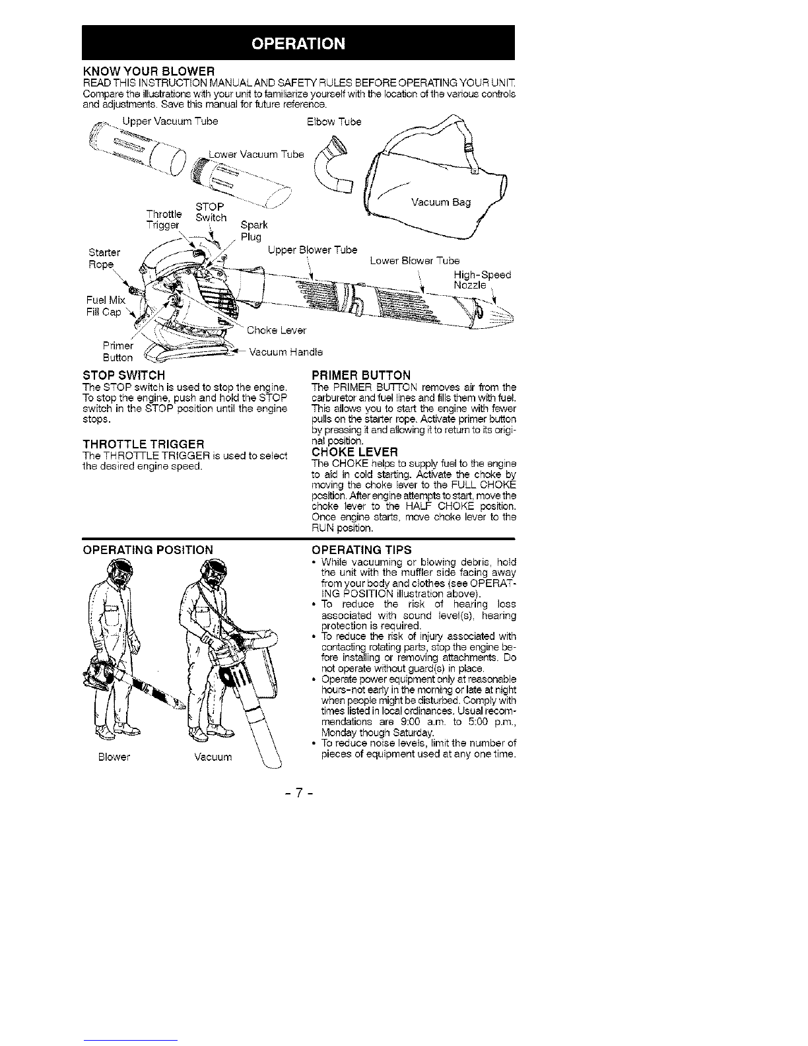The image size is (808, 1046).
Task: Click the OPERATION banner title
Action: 298,44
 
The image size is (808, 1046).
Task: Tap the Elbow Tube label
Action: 335,122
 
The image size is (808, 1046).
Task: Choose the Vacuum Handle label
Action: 285,352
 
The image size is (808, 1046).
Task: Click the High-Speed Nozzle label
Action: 481,280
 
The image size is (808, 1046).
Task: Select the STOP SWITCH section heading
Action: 123,376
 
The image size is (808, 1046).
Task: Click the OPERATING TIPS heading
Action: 361,549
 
